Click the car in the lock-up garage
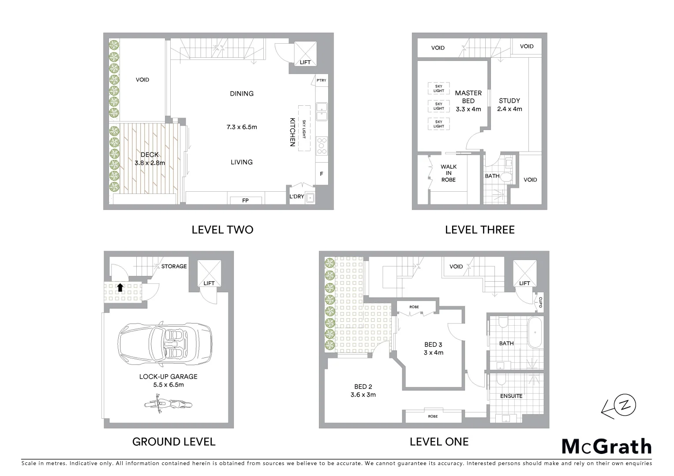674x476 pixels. pos(164,344)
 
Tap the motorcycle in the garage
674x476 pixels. pos(167,404)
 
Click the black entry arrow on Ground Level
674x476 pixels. pos(120,288)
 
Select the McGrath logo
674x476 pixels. pos(607,446)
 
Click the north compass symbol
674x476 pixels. pos(623,406)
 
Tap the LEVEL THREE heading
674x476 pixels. pos(479,230)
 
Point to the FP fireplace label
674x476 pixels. pos(245,201)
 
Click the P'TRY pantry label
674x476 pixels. pos(322,80)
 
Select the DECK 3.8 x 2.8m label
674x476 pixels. pos(150,159)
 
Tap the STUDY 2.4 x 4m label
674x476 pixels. pos(509,105)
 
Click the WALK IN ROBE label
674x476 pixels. pos(448,173)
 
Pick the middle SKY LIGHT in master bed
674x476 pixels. pos(438,106)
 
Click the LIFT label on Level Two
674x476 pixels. pos(305,63)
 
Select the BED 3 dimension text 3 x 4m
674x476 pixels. pos(433,353)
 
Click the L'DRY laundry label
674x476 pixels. pos(296,197)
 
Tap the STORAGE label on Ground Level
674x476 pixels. pos(174,266)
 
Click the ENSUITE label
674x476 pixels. pos(511,396)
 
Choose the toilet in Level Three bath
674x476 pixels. pos(505,177)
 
